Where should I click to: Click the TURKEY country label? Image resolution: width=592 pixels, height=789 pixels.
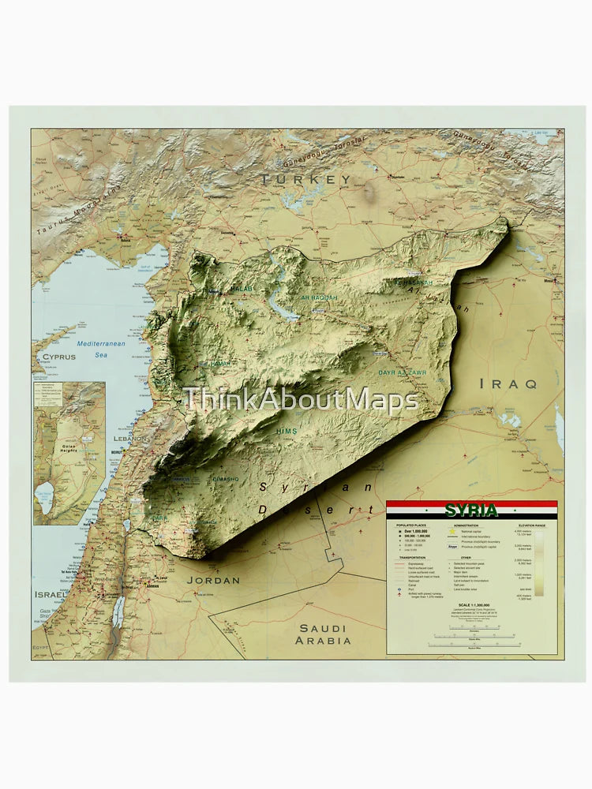pos(307,180)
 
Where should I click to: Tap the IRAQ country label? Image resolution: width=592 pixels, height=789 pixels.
pos(508,383)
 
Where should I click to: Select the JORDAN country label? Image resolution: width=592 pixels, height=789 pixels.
pos(213,580)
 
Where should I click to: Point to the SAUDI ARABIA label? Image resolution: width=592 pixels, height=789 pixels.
pos(323,634)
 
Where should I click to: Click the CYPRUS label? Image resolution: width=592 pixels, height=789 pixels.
pos(59,357)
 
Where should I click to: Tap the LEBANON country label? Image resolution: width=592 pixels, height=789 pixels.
pos(130,438)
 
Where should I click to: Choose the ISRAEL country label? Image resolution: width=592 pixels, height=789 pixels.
pos(50,594)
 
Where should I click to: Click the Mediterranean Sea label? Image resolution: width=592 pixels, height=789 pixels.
pos(100,349)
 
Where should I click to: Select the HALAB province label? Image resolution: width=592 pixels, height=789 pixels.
pos(242,290)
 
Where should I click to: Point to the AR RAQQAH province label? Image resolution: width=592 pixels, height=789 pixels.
pos(319,297)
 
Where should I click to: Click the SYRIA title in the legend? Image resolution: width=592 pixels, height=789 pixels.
pos(471,510)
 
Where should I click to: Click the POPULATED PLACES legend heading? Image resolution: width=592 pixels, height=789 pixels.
pos(411,525)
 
